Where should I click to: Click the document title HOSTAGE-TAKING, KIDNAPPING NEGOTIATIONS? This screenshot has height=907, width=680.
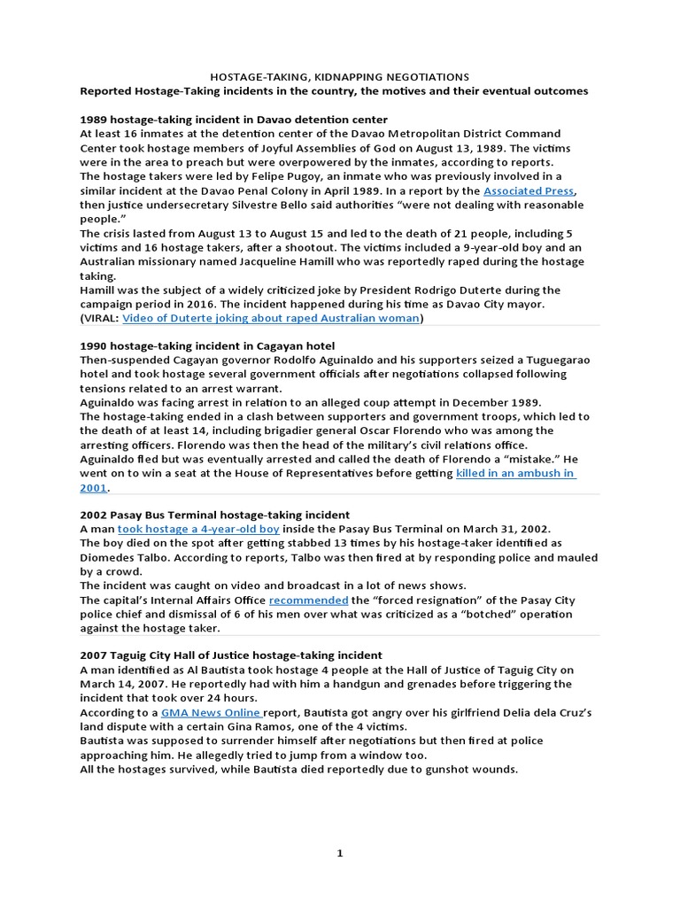[339, 77]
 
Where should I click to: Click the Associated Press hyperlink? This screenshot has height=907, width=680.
[529, 190]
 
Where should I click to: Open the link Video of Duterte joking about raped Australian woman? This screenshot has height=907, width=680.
[270, 318]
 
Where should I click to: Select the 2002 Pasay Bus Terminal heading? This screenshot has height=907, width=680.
[214, 515]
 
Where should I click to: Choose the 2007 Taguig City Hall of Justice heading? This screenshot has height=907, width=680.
[231, 655]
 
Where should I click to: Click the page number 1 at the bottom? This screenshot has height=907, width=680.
[339, 853]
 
